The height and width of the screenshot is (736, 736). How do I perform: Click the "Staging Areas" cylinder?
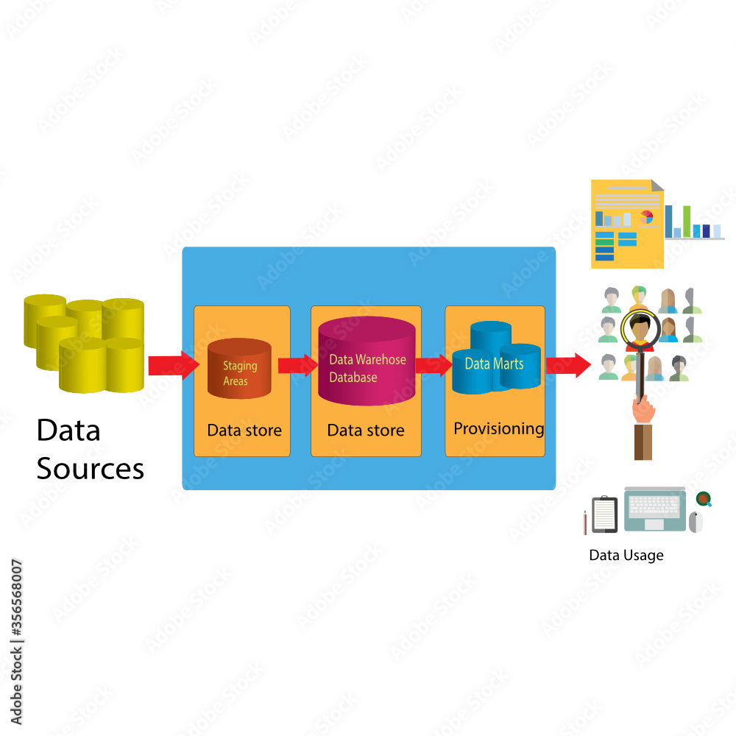point(239,369)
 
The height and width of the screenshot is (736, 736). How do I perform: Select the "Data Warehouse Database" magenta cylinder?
point(367,361)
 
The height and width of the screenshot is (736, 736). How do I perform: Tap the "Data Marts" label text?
point(494,364)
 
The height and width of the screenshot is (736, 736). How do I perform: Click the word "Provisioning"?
point(498,428)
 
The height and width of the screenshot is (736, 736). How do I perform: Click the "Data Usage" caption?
point(626,555)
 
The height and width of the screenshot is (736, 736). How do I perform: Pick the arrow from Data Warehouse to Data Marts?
point(434,364)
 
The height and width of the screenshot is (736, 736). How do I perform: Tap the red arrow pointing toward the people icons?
point(567,364)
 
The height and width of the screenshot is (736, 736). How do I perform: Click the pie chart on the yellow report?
point(647,217)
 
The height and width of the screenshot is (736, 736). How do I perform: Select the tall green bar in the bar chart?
point(687,221)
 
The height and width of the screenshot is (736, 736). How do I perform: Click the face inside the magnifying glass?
point(640,328)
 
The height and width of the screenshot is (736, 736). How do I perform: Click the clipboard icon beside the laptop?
point(605,513)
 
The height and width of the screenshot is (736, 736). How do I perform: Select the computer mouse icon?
point(696,520)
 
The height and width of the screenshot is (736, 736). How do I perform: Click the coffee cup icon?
point(704,498)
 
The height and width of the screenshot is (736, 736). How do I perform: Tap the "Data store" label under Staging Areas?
point(244,430)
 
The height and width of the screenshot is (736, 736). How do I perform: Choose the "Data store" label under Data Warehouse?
point(366,430)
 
